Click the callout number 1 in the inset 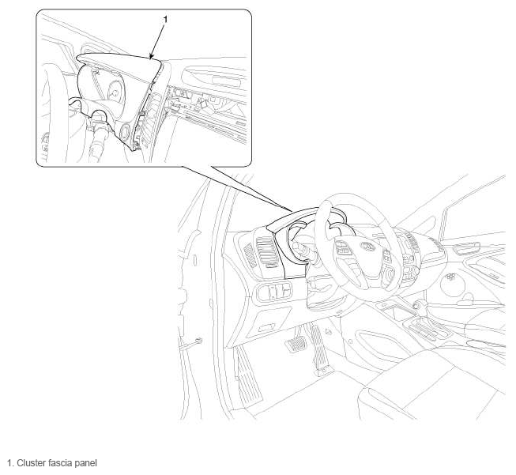click(x=165, y=20)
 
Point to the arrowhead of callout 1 click(x=152, y=57)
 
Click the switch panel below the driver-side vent click(x=274, y=291)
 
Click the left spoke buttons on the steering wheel click(x=342, y=248)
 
